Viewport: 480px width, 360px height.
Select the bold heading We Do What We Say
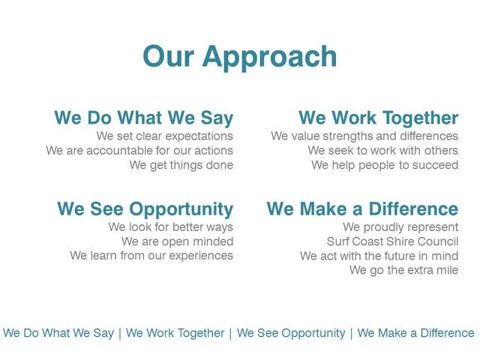click(x=143, y=118)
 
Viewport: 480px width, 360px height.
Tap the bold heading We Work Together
click(x=378, y=118)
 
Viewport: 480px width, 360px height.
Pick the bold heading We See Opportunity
click(x=145, y=209)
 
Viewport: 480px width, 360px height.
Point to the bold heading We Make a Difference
click(x=362, y=209)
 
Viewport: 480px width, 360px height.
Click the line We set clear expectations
click(x=164, y=136)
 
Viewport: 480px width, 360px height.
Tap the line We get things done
click(x=181, y=165)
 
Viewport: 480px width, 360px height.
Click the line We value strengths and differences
click(x=364, y=136)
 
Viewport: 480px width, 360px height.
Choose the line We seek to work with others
click(x=382, y=151)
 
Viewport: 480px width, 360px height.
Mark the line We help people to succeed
click(x=385, y=165)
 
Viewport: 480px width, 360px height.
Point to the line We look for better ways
click(x=170, y=227)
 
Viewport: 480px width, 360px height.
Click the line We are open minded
click(x=177, y=241)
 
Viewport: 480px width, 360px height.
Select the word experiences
click(x=202, y=256)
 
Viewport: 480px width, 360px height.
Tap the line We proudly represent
click(x=400, y=227)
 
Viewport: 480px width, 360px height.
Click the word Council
click(x=438, y=241)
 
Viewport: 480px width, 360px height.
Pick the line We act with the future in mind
click(x=379, y=256)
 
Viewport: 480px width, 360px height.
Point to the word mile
click(x=445, y=270)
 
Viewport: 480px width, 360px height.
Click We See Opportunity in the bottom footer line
click(x=291, y=333)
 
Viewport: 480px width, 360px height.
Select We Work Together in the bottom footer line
click(x=175, y=333)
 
